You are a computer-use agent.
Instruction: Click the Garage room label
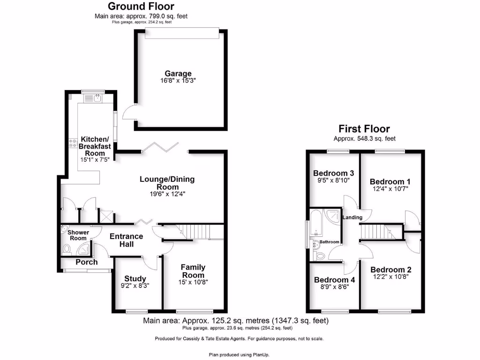(178, 74)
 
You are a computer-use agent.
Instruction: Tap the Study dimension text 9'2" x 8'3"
(135, 286)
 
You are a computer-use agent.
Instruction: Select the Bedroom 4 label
(334, 280)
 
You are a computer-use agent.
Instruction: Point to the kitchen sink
(93, 98)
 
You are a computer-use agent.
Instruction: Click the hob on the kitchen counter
(73, 143)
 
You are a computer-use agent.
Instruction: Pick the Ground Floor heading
(141, 6)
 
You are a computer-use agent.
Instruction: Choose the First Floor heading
(364, 128)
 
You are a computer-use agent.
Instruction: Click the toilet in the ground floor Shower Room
(66, 249)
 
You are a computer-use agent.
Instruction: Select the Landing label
(352, 217)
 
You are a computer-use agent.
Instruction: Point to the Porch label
(87, 262)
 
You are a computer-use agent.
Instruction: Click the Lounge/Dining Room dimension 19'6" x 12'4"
(167, 194)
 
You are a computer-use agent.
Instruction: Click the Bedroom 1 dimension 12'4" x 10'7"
(390, 189)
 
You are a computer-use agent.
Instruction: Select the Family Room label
(193, 271)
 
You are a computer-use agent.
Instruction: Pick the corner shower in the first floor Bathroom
(333, 216)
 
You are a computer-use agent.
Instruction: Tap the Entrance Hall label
(127, 240)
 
